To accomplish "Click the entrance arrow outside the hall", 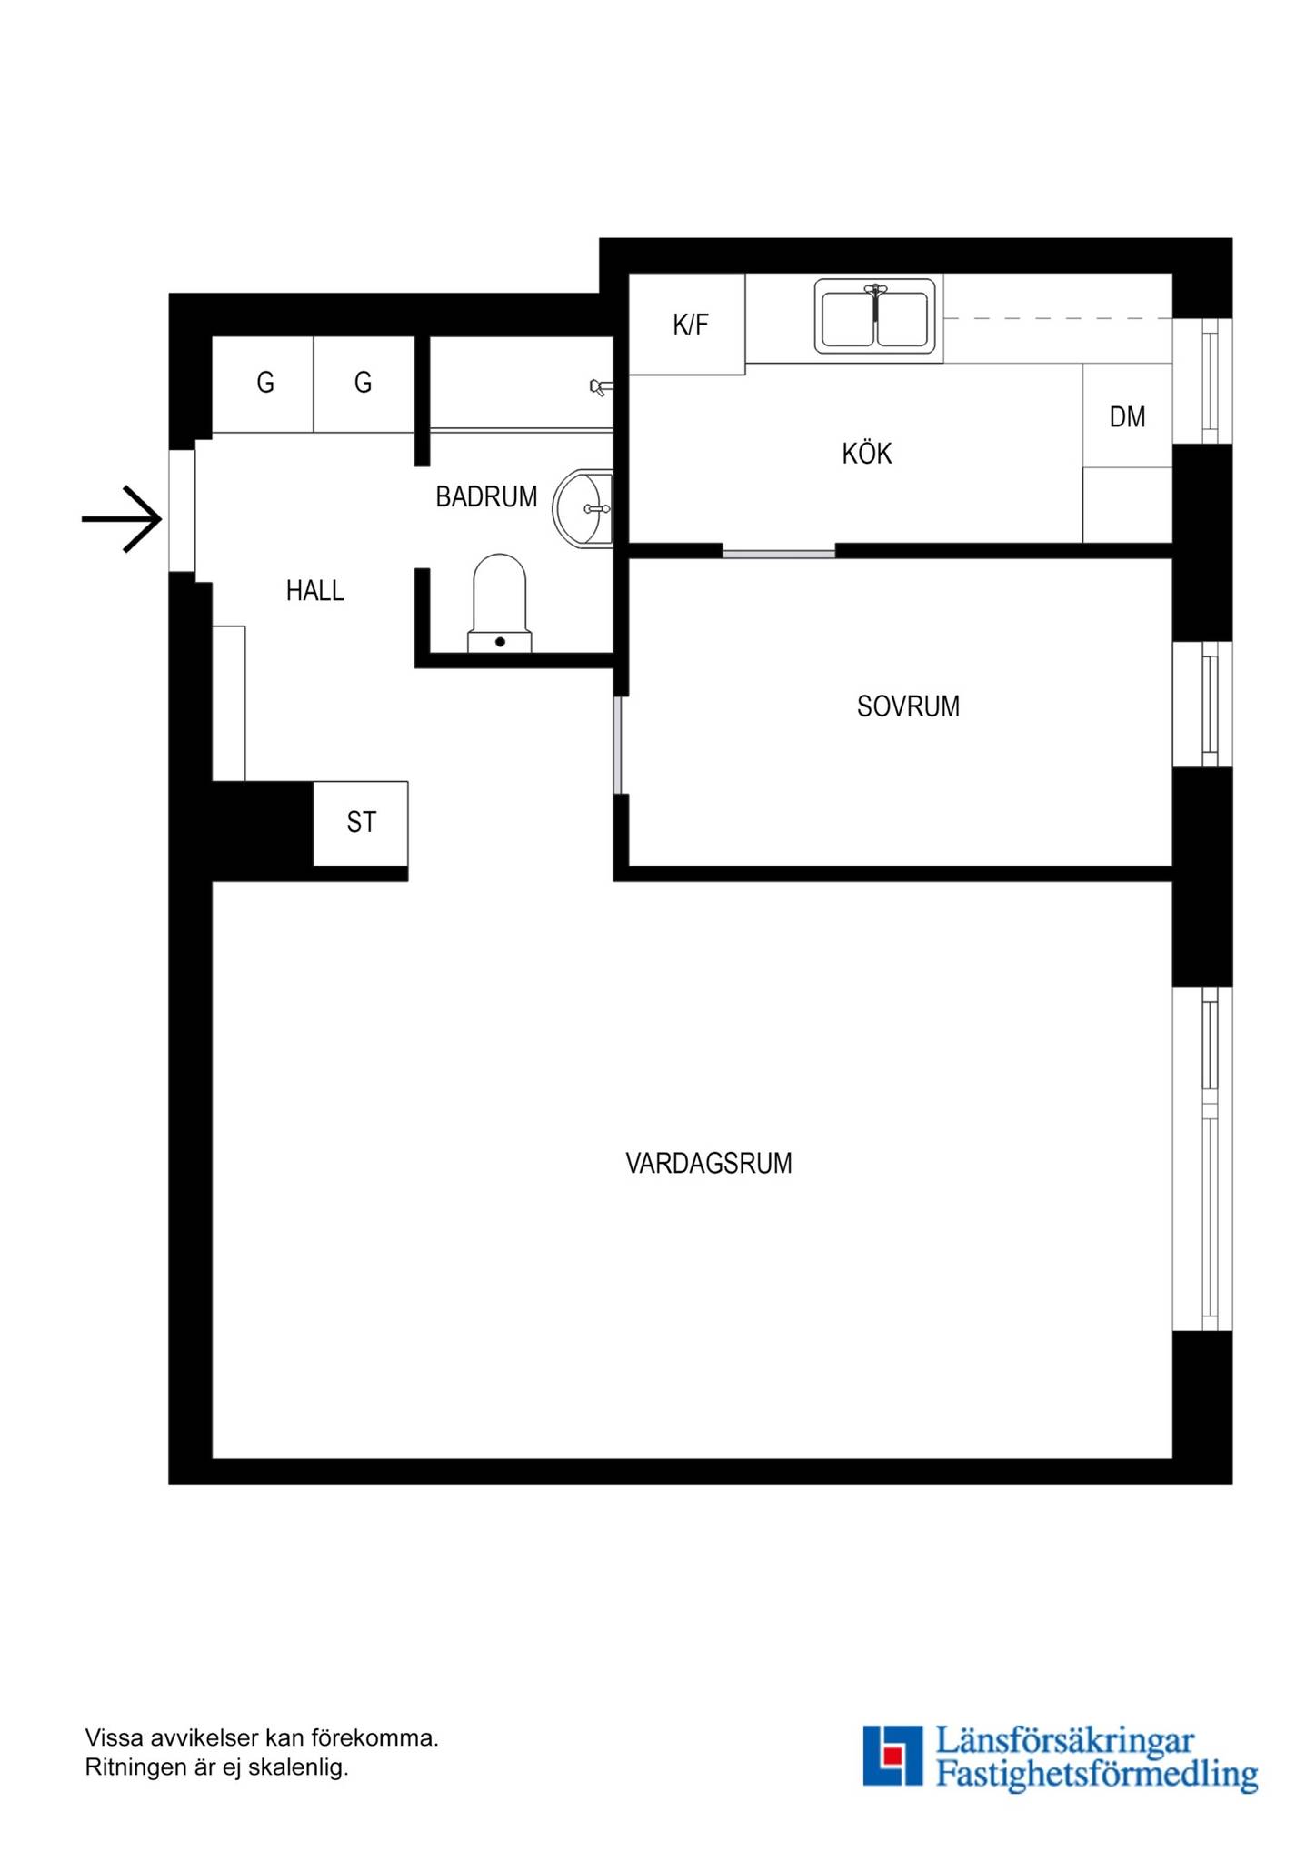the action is pyautogui.click(x=122, y=519).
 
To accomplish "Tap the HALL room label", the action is pyautogui.click(x=314, y=591).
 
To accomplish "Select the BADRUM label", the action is pyautogui.click(x=486, y=496).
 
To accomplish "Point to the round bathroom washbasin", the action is pyautogui.click(x=583, y=508).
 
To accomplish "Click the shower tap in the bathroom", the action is pyautogui.click(x=600, y=388).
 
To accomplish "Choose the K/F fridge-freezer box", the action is pyautogui.click(x=687, y=324).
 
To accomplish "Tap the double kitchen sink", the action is pyautogui.click(x=874, y=316).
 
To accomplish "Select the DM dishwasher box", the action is pyautogui.click(x=1127, y=415).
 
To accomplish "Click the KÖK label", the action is pyautogui.click(x=866, y=454).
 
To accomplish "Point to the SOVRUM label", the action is pyautogui.click(x=908, y=706).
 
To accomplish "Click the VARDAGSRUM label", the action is pyautogui.click(x=709, y=1164).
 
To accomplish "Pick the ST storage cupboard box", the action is pyautogui.click(x=361, y=823).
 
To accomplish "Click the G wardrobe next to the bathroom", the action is pyautogui.click(x=364, y=384).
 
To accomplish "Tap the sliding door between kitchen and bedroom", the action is pyautogui.click(x=779, y=553).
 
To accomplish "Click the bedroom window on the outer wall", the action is pyautogui.click(x=1202, y=705).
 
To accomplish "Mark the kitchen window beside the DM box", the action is pyautogui.click(x=1202, y=381).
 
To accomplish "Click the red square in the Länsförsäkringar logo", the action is pyautogui.click(x=893, y=1755).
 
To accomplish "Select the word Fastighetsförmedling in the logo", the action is pyautogui.click(x=1096, y=1774).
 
